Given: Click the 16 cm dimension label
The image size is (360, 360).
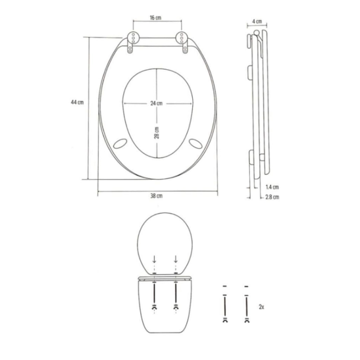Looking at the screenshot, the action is pyautogui.click(x=155, y=18).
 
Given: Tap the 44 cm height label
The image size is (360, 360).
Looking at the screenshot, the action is pyautogui.click(x=77, y=102).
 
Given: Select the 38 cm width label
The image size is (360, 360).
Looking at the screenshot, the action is pyautogui.click(x=156, y=196).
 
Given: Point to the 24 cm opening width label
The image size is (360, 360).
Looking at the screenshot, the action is pyautogui.click(x=156, y=103).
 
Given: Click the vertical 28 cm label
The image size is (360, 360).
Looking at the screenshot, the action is pyautogui.click(x=156, y=133).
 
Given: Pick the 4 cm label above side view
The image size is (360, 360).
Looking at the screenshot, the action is pyautogui.click(x=257, y=21).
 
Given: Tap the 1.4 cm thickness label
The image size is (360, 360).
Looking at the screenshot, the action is pyautogui.click(x=272, y=187).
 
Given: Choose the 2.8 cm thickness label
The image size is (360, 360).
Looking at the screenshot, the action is pyautogui.click(x=272, y=197).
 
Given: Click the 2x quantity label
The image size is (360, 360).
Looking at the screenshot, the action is pyautogui.click(x=261, y=307).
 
